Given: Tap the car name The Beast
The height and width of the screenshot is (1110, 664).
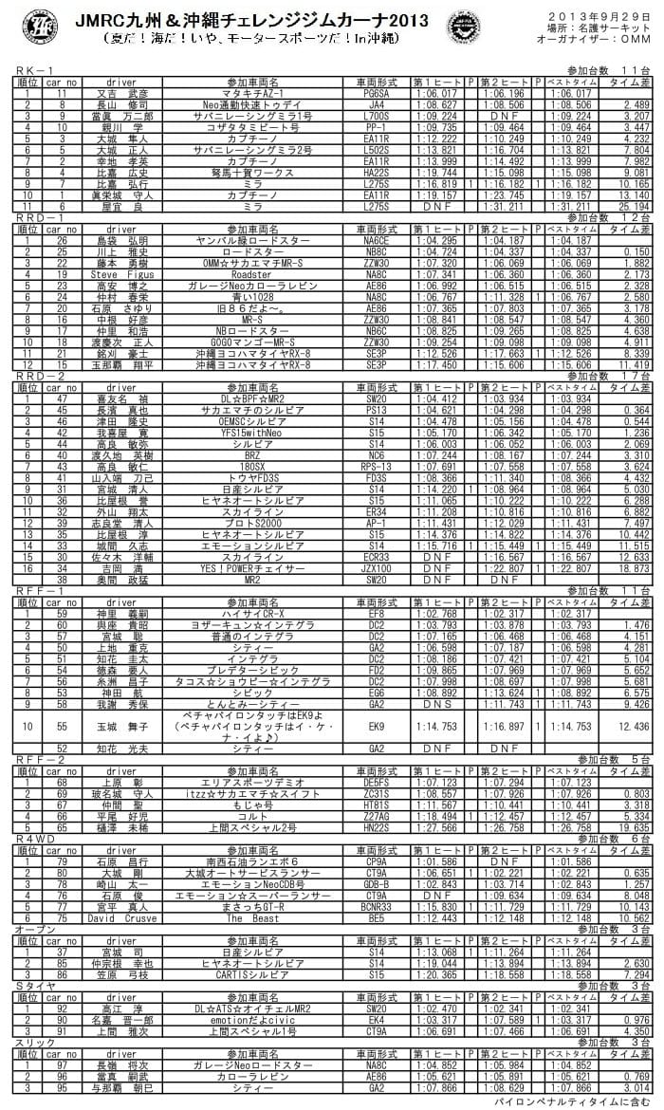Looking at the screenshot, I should tap(250, 918).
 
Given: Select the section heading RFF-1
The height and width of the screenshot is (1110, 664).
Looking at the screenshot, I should tap(35, 590).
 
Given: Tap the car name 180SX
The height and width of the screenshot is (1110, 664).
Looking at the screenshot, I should tap(250, 466).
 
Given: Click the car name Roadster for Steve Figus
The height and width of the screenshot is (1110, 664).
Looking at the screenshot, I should tap(250, 273).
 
